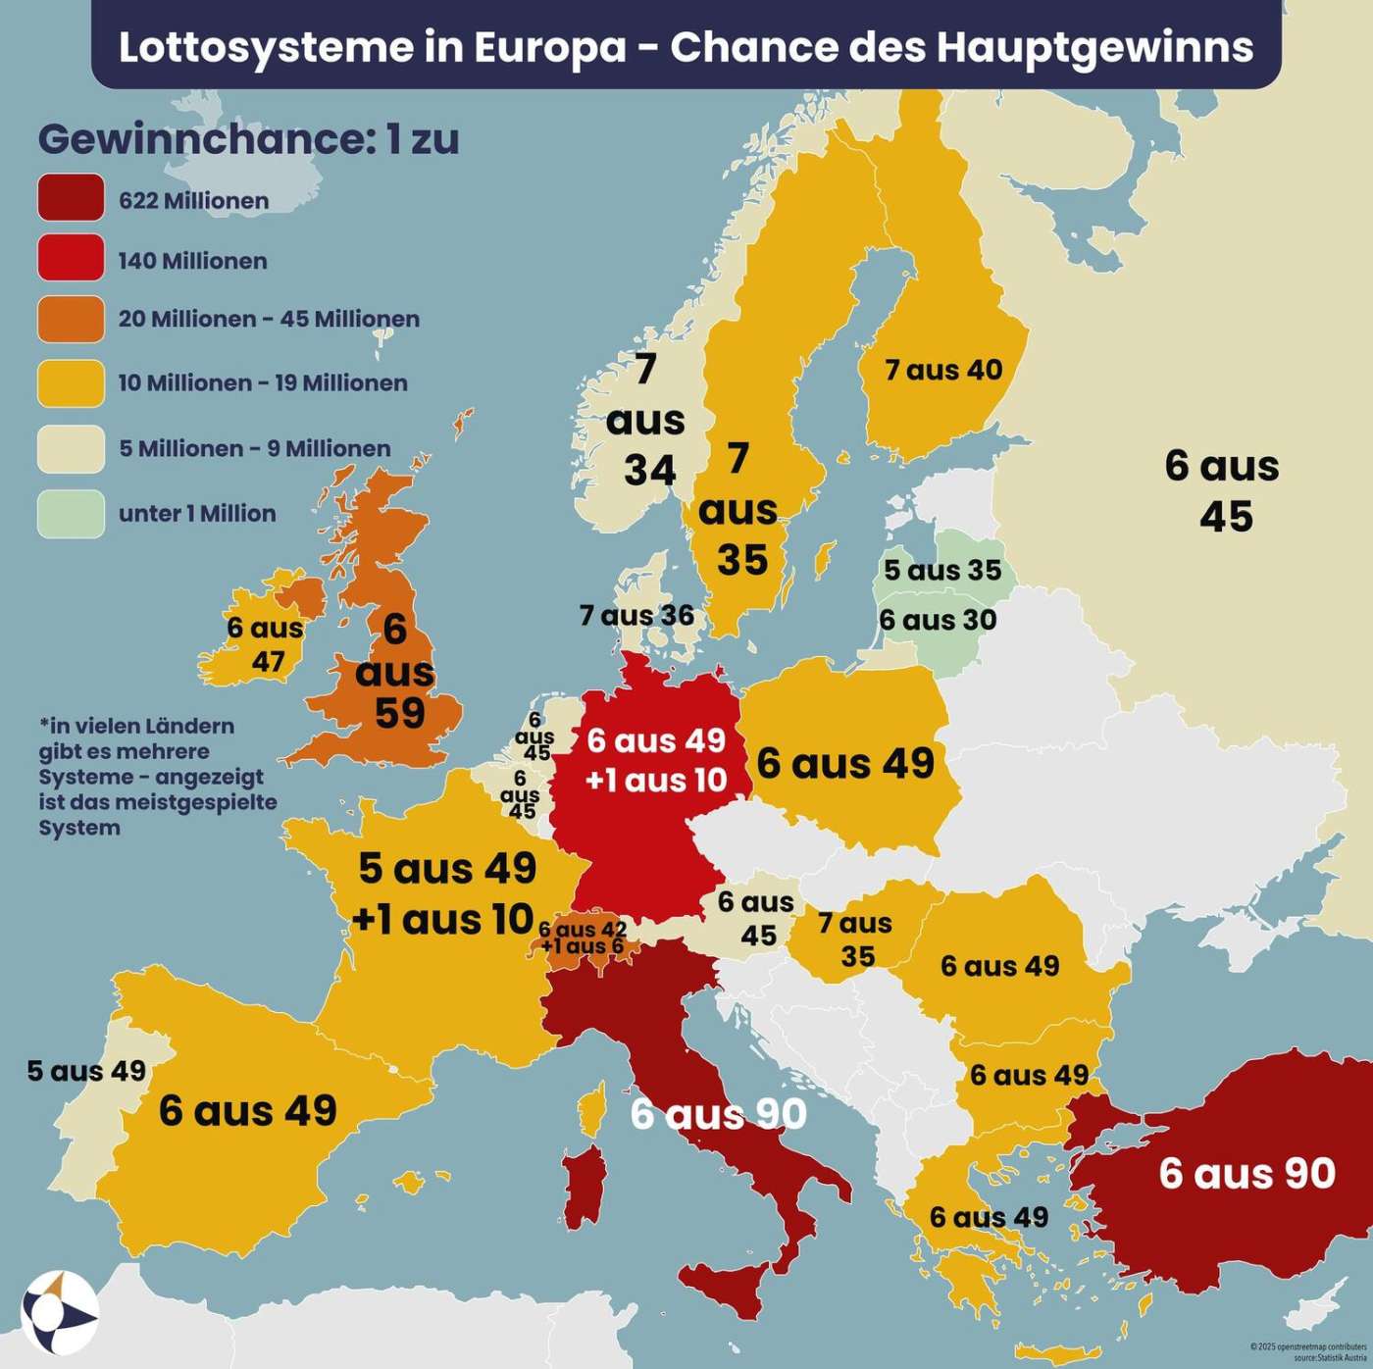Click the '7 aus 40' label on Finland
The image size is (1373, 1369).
tap(943, 370)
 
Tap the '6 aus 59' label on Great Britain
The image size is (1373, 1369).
tap(396, 672)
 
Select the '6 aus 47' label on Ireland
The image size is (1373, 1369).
tap(265, 644)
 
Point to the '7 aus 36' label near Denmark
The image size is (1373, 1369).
tap(636, 616)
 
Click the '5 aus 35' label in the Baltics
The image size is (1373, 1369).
tap(941, 570)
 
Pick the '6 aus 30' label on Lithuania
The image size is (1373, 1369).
tap(938, 620)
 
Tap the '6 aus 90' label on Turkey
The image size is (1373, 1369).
tap(1246, 1173)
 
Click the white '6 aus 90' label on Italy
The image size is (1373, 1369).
tap(718, 1113)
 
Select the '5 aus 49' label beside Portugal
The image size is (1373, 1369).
tap(86, 1070)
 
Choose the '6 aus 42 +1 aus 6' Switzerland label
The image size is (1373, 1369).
tap(583, 938)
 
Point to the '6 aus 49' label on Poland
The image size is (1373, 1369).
tap(845, 763)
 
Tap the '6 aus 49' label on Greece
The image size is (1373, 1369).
tap(989, 1217)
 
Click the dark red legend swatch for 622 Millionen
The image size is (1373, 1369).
tap(71, 198)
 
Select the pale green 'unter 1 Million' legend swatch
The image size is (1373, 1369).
tap(71, 514)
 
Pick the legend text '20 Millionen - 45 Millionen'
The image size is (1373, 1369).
tap(269, 320)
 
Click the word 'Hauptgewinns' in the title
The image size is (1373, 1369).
tap(1094, 47)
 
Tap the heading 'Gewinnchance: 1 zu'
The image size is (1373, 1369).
tap(248, 139)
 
